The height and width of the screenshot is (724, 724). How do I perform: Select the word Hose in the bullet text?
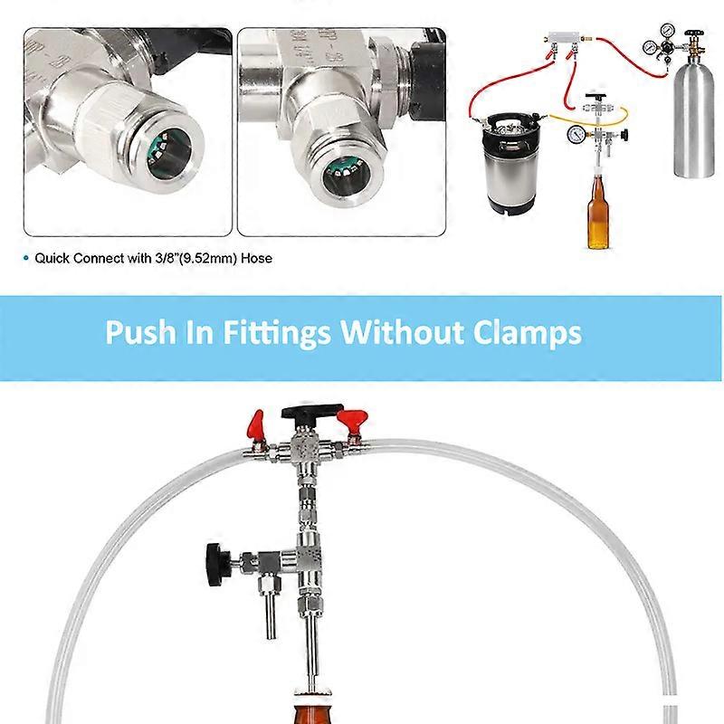257,258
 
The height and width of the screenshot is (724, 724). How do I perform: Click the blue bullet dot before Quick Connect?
26,258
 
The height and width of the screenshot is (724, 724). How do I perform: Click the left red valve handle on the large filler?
256,423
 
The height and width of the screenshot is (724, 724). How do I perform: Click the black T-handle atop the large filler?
311,412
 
